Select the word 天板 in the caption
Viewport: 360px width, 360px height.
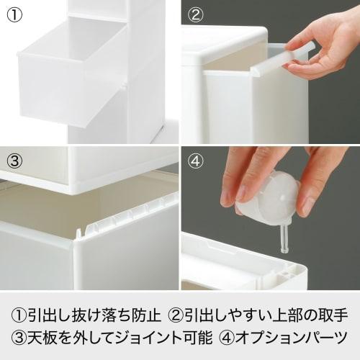44,337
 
